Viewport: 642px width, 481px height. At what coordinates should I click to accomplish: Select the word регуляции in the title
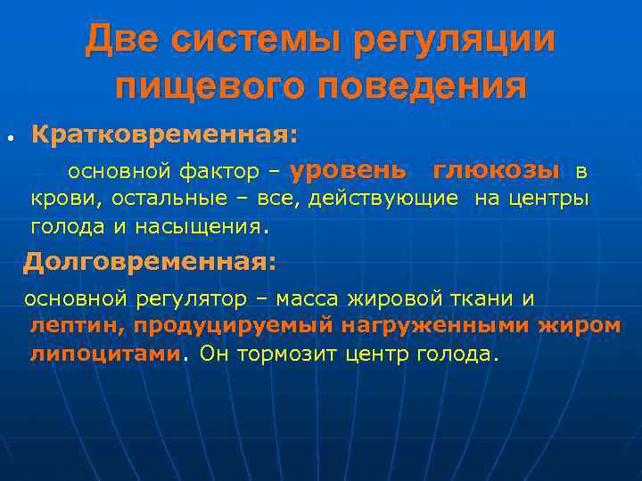coord(455,41)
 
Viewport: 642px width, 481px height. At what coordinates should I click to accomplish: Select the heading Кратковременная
coord(165,135)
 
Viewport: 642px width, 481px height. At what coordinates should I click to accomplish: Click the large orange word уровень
coord(349,169)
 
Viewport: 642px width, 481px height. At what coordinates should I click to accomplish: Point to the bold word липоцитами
coord(105,354)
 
